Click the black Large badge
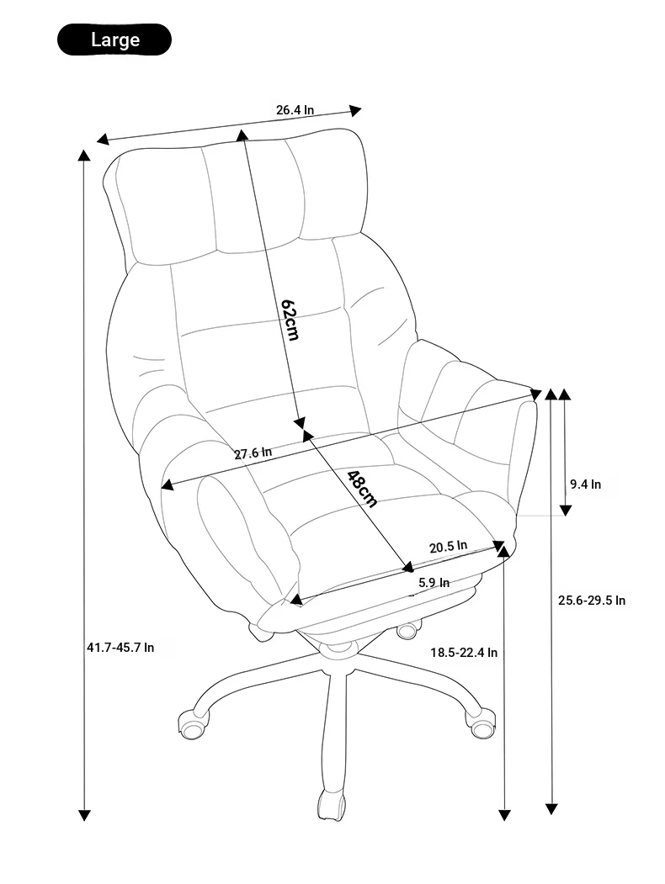[x=114, y=40]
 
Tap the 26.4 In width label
[x=295, y=109]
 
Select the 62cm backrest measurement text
[x=290, y=319]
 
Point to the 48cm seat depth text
[x=362, y=488]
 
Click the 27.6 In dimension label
[x=253, y=453]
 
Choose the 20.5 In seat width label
[x=449, y=547]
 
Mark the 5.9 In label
[x=434, y=582]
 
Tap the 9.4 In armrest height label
[x=586, y=484]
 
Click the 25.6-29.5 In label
[x=592, y=601]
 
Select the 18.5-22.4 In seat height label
[x=464, y=653]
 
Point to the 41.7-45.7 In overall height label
[x=120, y=647]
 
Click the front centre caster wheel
[x=331, y=802]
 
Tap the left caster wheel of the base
[x=194, y=724]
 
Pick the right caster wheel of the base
[x=481, y=723]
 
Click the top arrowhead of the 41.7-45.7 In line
[x=84, y=156]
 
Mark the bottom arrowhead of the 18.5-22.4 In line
[x=505, y=815]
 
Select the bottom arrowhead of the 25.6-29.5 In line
[x=551, y=809]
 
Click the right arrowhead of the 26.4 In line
[x=355, y=110]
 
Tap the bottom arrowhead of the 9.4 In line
[x=566, y=511]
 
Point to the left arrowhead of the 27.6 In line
[x=168, y=484]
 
